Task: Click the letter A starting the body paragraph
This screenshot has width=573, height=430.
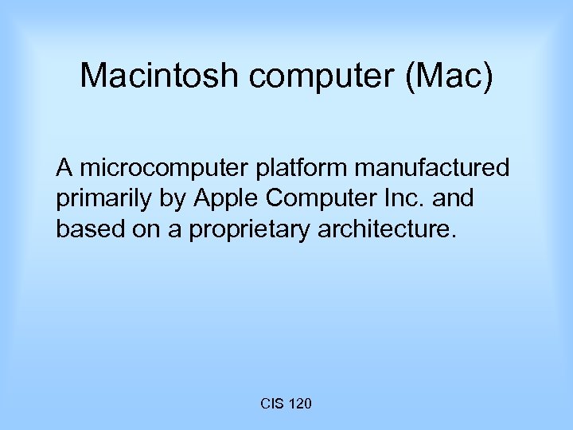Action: [x=64, y=168]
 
